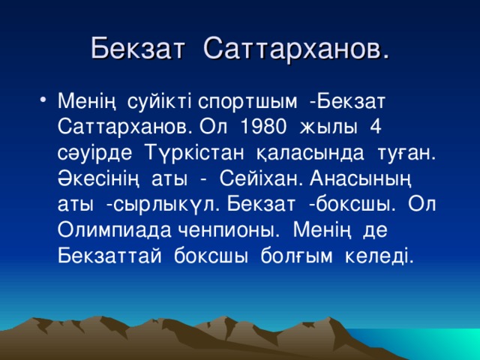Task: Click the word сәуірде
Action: tap(92, 151)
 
